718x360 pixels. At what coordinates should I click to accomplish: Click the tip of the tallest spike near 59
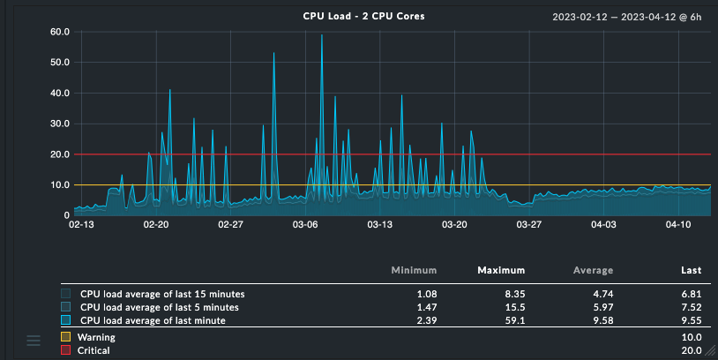322,35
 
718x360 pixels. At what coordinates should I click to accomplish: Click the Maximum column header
501,270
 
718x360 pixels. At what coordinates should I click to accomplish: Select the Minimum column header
414,270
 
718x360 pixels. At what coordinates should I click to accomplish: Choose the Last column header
691,270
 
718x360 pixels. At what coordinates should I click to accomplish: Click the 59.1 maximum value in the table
512,321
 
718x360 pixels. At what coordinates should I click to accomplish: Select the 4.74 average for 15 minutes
601,293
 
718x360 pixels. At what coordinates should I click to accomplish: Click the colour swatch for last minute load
66,321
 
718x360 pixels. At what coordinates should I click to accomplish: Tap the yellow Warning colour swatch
66,337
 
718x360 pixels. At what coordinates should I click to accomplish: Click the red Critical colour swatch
66,351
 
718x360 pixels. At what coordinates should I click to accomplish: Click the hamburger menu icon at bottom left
34,341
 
